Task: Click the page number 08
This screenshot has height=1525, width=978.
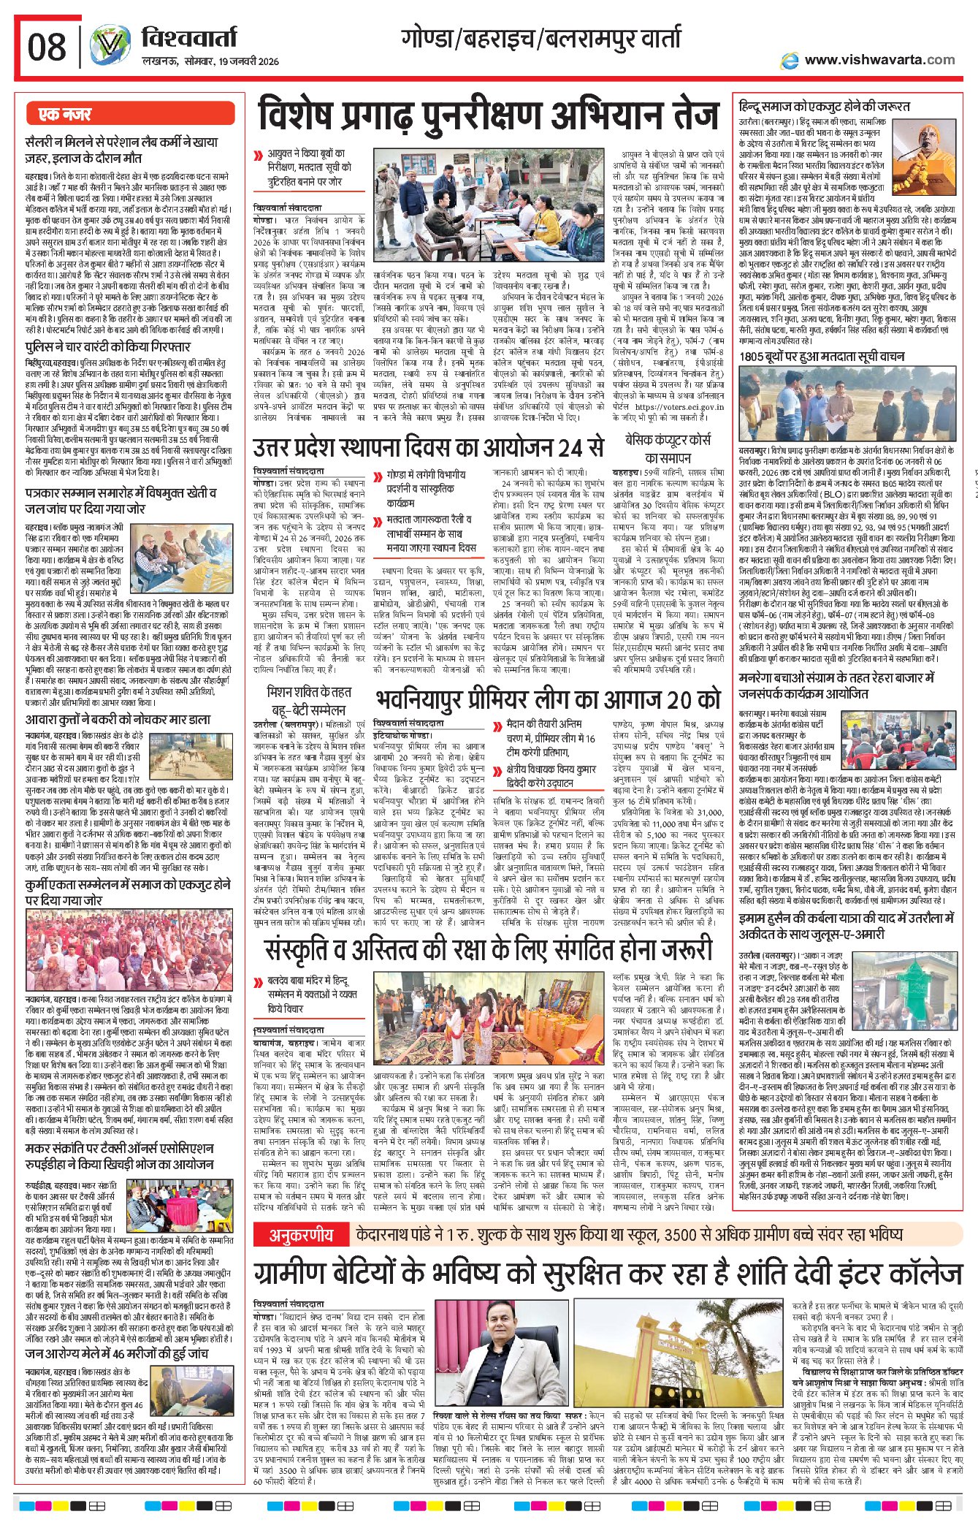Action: [47, 47]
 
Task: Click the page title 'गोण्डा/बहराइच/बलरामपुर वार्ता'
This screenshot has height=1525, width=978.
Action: [540, 38]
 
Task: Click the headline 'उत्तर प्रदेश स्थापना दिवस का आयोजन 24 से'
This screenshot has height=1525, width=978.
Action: [429, 446]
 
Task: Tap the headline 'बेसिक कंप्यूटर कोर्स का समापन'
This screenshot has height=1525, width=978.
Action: [668, 449]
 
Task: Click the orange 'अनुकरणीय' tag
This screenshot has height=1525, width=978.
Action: [301, 1235]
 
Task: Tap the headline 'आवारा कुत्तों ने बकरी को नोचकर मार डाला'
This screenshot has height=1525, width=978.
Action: [118, 720]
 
